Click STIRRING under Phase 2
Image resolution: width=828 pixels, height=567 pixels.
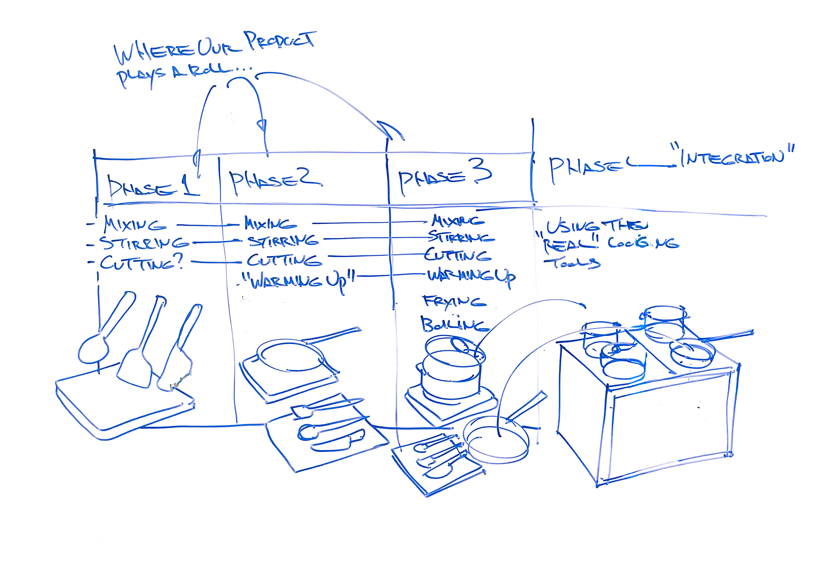[x=283, y=240]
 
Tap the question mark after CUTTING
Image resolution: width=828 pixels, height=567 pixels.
[x=179, y=261]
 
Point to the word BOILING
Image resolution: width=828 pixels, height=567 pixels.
[x=453, y=325]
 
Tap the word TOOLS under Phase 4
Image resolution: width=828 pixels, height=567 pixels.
[x=572, y=262]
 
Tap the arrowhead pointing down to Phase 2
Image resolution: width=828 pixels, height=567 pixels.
[x=262, y=125]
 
